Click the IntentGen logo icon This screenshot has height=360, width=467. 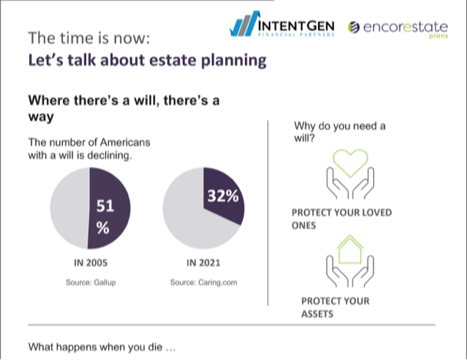click(244, 24)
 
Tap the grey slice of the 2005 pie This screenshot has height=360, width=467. click(70, 207)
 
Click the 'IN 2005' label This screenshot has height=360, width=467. click(90, 262)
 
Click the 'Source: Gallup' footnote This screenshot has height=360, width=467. click(90, 282)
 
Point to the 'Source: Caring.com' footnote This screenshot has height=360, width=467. click(204, 282)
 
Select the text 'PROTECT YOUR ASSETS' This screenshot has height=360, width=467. click(335, 307)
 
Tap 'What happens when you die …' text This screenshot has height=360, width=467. click(102, 347)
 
